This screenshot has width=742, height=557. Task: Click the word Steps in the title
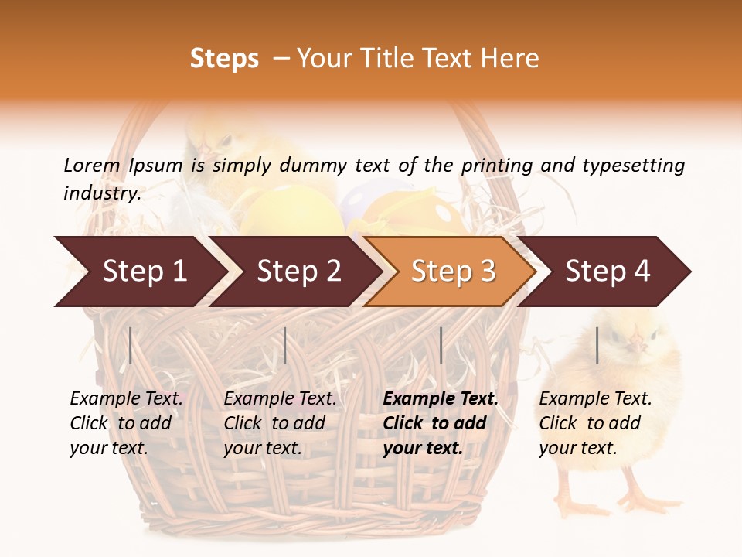pos(224,59)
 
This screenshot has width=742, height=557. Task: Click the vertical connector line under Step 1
pos(131,345)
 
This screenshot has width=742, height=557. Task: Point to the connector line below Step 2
pos(285,345)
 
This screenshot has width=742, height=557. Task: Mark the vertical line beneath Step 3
pos(441,345)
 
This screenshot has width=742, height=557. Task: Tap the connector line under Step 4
pos(597,345)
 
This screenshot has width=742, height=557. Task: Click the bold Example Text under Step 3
pos(441,423)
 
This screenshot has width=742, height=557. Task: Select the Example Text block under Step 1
pos(126,423)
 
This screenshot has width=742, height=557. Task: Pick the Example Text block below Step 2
pos(280,423)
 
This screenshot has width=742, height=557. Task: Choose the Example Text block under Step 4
pos(595,423)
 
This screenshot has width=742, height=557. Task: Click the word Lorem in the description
pos(92,165)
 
